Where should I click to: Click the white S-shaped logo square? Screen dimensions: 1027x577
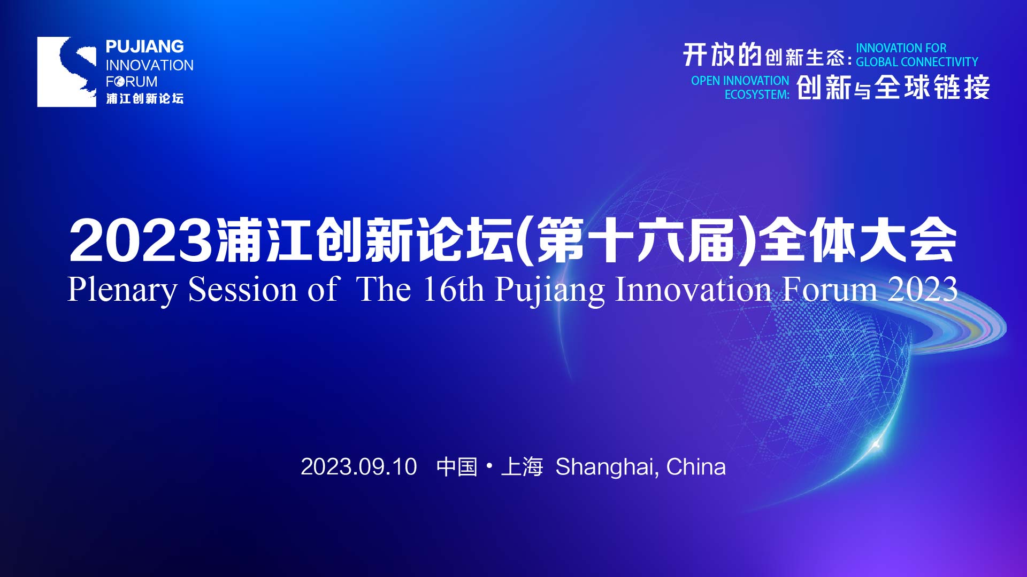pos(66,72)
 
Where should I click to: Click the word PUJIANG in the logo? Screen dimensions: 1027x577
pos(144,47)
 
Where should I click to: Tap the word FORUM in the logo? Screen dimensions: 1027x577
pos(132,82)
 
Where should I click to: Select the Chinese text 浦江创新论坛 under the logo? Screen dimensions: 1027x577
pos(144,98)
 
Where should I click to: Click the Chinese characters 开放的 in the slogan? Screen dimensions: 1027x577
pos(722,54)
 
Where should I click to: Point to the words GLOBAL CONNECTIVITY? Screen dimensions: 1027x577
pos(917,62)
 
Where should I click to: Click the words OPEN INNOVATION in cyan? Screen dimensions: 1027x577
pos(740,81)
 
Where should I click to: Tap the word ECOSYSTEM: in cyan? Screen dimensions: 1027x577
pos(757,95)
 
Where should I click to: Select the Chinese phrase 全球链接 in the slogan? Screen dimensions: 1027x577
pos(932,87)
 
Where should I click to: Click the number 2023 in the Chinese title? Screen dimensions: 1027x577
pos(140,241)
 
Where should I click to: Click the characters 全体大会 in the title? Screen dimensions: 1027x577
pos(857,240)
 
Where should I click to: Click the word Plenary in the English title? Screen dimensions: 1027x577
pos(122,290)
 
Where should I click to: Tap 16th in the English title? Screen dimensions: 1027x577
pos(454,290)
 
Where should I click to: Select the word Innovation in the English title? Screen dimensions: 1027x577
pos(694,290)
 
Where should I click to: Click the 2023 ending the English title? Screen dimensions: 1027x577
pos(923,290)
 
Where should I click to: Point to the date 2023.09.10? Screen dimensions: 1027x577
pos(358,467)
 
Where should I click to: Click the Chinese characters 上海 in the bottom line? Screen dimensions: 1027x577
pos(522,467)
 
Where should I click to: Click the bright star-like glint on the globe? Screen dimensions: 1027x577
pos(876,444)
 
